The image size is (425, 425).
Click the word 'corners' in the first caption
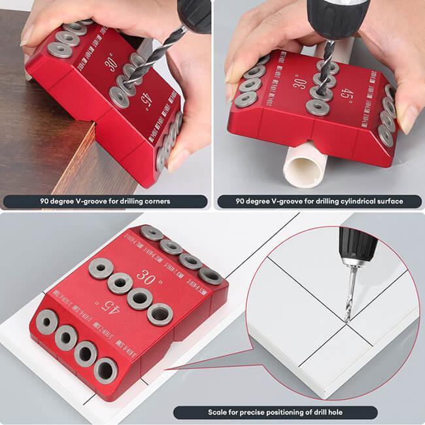156,201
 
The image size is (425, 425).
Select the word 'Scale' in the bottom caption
218,413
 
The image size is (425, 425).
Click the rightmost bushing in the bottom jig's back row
211,275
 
